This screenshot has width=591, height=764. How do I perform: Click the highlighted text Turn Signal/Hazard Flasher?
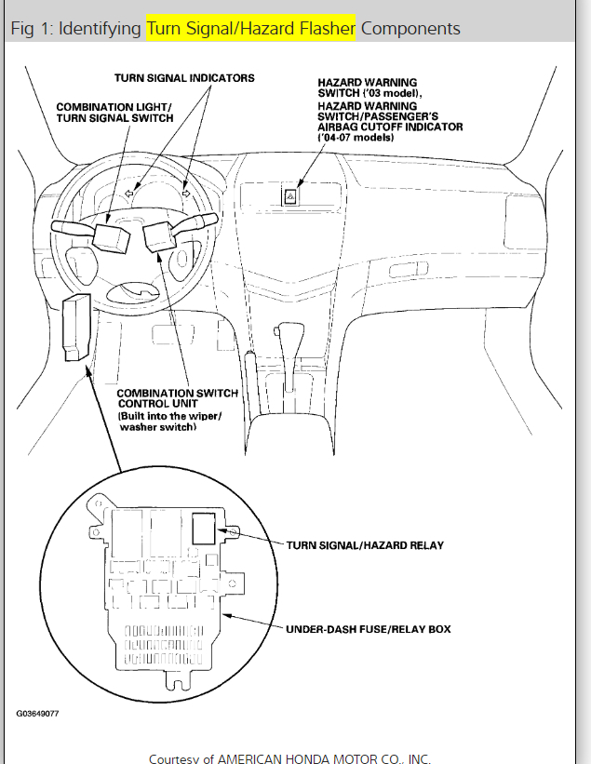[250, 28]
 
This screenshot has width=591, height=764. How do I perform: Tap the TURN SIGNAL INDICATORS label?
[184, 78]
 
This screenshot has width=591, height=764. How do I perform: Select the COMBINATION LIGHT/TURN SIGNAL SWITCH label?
[114, 112]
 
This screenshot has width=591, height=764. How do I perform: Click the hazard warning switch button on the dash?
[291, 195]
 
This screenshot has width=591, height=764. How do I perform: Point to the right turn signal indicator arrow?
[186, 193]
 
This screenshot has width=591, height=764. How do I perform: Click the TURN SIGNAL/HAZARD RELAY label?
[364, 545]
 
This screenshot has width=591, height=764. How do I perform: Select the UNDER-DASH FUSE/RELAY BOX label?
[369, 629]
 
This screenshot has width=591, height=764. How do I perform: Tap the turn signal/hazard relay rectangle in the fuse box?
[204, 529]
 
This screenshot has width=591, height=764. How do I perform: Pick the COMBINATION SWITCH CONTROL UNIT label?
[177, 398]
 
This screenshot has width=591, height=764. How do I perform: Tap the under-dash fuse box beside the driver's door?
[75, 327]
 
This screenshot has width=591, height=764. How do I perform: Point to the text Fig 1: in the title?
[31, 28]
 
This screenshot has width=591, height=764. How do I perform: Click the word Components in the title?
[410, 28]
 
